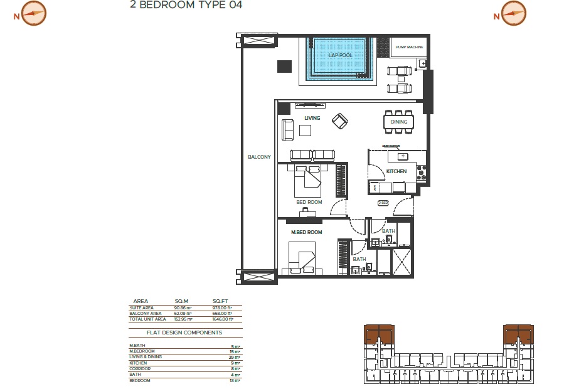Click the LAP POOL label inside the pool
click(340, 55)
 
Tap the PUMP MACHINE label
click(410, 47)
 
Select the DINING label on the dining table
click(399, 122)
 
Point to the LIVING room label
click(312, 118)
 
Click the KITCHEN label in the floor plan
click(396, 171)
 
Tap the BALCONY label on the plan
click(259, 157)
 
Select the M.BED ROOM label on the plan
click(306, 232)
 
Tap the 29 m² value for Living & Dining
click(236, 358)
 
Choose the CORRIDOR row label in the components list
click(139, 368)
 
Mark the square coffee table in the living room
click(306, 130)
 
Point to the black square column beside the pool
click(284, 66)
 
